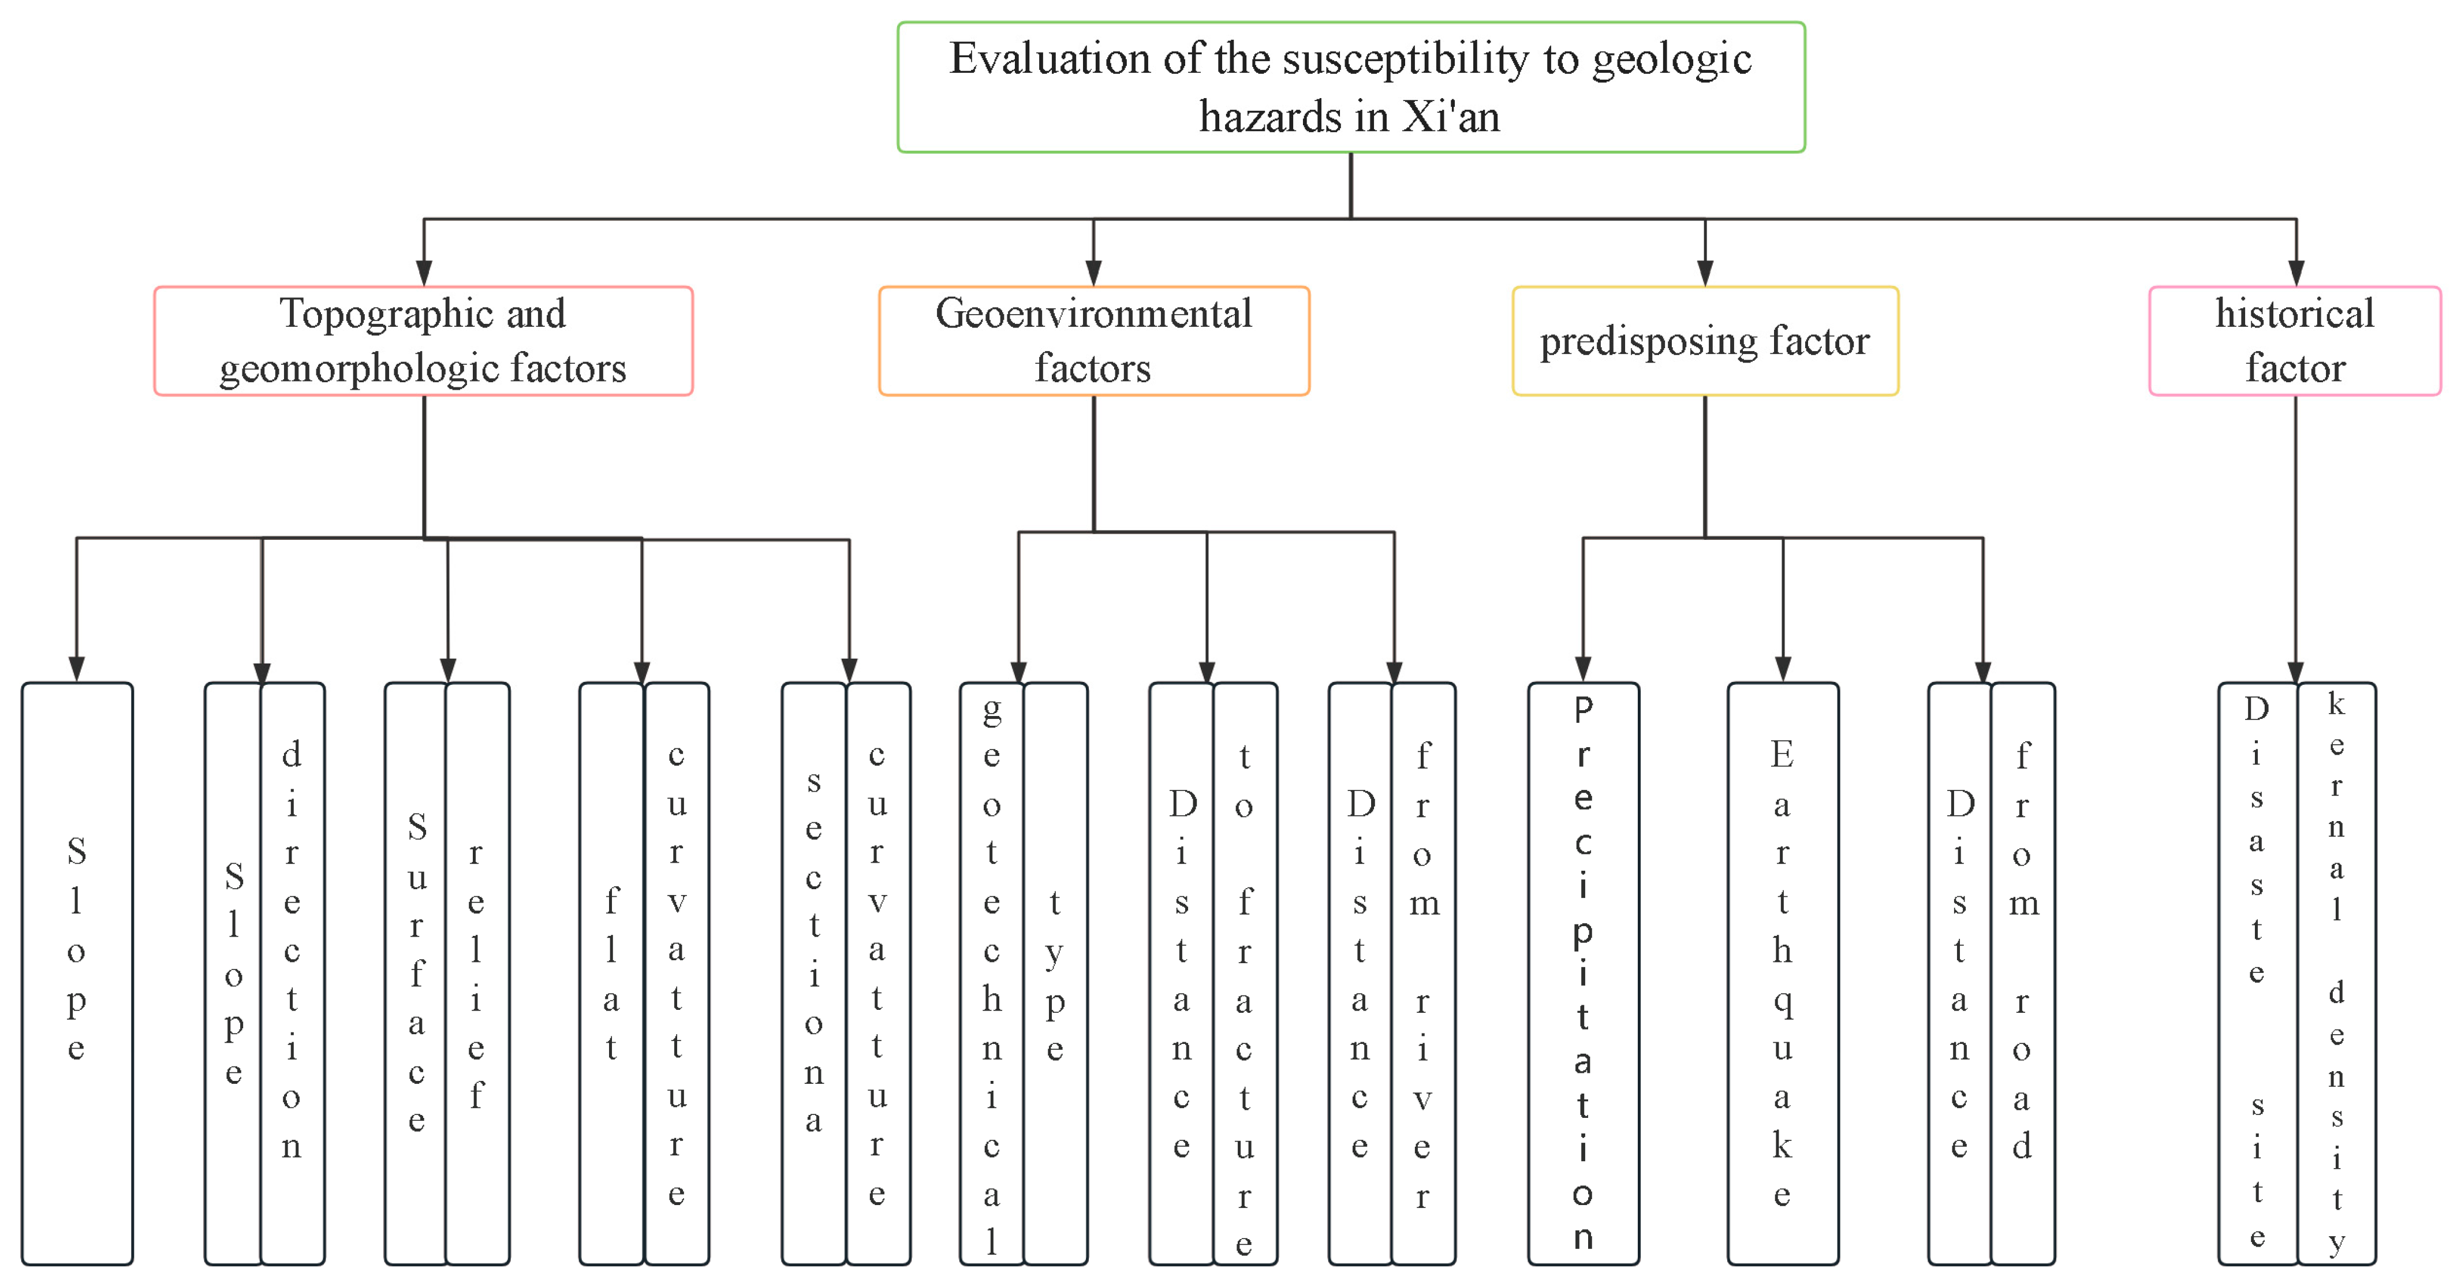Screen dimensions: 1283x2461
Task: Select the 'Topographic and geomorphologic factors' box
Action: (423, 341)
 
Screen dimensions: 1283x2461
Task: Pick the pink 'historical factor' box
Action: (2294, 341)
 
